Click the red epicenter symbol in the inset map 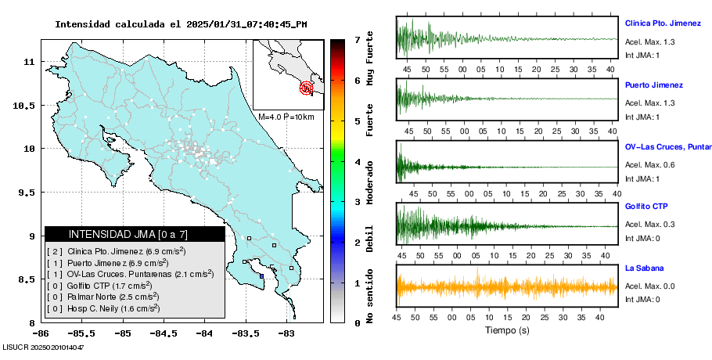pyautogui.click(x=307, y=88)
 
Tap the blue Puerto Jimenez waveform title pyautogui.click(x=653, y=85)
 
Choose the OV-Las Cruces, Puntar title pyautogui.click(x=667, y=146)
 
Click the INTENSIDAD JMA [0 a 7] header pyautogui.click(x=128, y=234)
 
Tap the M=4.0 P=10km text pyautogui.click(x=286, y=117)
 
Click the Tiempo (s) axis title pyautogui.click(x=508, y=329)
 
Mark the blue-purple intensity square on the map pyautogui.click(x=261, y=275)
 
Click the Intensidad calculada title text pyautogui.click(x=181, y=24)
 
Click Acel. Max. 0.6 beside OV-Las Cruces pyautogui.click(x=649, y=164)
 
